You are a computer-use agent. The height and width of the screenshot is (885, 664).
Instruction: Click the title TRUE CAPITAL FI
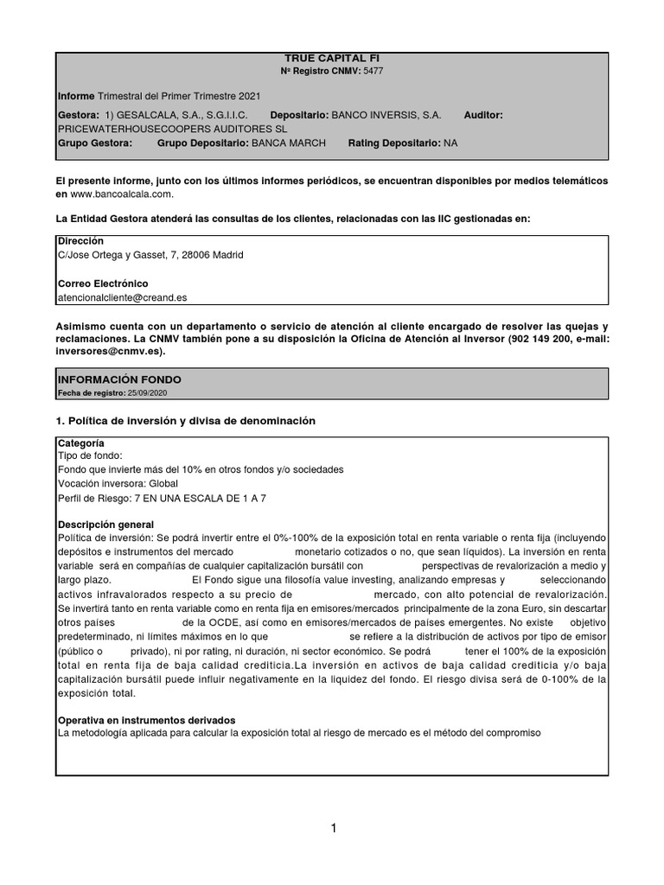click(x=332, y=58)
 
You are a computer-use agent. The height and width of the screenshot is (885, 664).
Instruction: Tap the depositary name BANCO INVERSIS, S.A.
click(x=386, y=114)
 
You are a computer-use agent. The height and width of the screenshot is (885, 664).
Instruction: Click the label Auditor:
click(x=483, y=114)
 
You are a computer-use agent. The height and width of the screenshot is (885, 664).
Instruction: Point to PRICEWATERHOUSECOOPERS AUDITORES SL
click(x=159, y=128)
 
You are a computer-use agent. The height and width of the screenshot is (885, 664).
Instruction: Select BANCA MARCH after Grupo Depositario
click(x=288, y=143)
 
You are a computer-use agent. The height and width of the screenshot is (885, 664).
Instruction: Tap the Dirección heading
click(x=80, y=240)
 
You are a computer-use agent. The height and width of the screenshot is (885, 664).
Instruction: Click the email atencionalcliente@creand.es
click(x=122, y=296)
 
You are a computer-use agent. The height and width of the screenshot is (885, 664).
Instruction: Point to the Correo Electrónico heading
click(x=103, y=283)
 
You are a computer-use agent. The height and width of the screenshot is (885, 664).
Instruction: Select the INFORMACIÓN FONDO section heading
click(x=119, y=379)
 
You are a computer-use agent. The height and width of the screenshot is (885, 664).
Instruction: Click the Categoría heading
click(x=80, y=442)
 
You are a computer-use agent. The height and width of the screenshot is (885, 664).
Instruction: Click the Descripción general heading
click(x=105, y=525)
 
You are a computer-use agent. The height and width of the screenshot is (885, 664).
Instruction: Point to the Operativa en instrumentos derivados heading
click(x=146, y=720)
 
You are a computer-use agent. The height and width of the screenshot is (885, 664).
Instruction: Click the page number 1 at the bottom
click(x=332, y=828)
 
